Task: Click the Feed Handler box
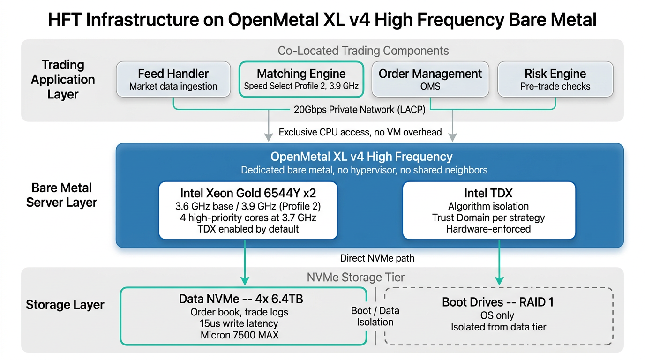173,79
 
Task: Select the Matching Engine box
301,79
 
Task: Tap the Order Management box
430,79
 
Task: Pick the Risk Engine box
555,79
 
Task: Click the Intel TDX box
488,210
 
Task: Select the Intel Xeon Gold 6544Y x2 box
248,210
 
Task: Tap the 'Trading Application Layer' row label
63,79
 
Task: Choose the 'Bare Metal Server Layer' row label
61,195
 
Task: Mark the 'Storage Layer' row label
65,305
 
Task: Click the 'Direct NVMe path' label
371,258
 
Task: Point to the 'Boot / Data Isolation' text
375,316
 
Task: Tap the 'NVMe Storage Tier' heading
355,277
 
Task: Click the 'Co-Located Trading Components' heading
363,51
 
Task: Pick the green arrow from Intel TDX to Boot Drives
499,262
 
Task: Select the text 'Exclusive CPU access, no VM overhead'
360,132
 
